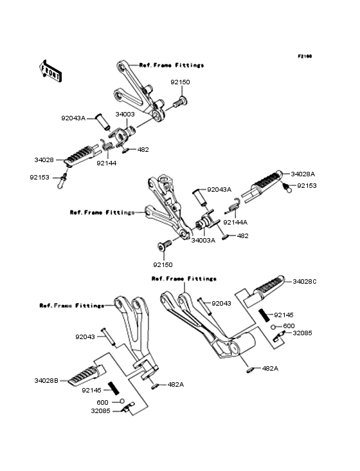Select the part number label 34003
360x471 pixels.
click(125, 114)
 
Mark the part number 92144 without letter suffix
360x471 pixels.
click(106, 163)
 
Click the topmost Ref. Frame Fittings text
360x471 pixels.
click(171, 66)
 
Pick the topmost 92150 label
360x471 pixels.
click(181, 82)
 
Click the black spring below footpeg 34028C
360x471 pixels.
click(264, 315)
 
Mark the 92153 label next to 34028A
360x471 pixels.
click(306, 186)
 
